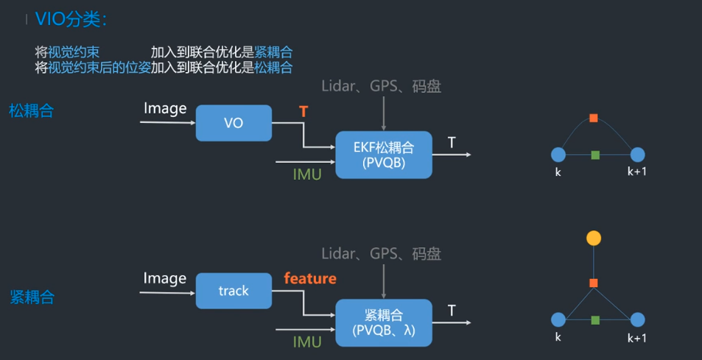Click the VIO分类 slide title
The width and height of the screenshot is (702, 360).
point(71,19)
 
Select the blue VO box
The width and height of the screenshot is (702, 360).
point(234,123)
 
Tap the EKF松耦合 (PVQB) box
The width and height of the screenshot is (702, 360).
point(383,155)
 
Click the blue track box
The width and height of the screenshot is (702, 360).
point(234,291)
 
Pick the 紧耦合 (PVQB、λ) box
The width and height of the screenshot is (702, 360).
point(383,322)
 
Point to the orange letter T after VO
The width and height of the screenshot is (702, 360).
point(303,111)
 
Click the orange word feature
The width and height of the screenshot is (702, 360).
point(310,278)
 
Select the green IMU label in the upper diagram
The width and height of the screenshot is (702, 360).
point(307,174)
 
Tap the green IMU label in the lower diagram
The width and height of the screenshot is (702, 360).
point(307,342)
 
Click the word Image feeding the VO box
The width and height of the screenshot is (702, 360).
point(165,109)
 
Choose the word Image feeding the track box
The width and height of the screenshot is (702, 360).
point(165,278)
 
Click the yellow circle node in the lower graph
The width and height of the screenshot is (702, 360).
point(593,238)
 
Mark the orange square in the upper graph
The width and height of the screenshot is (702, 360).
point(594,118)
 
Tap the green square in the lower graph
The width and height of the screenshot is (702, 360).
point(595,320)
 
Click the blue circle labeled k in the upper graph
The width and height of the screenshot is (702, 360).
point(558,155)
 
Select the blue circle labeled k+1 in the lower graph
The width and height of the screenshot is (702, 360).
point(637,320)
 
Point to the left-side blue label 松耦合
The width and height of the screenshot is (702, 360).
point(32,110)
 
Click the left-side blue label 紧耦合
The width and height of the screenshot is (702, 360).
point(32,297)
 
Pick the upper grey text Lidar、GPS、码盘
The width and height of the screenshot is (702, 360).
point(382,86)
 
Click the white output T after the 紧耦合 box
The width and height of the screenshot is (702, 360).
point(452,310)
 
